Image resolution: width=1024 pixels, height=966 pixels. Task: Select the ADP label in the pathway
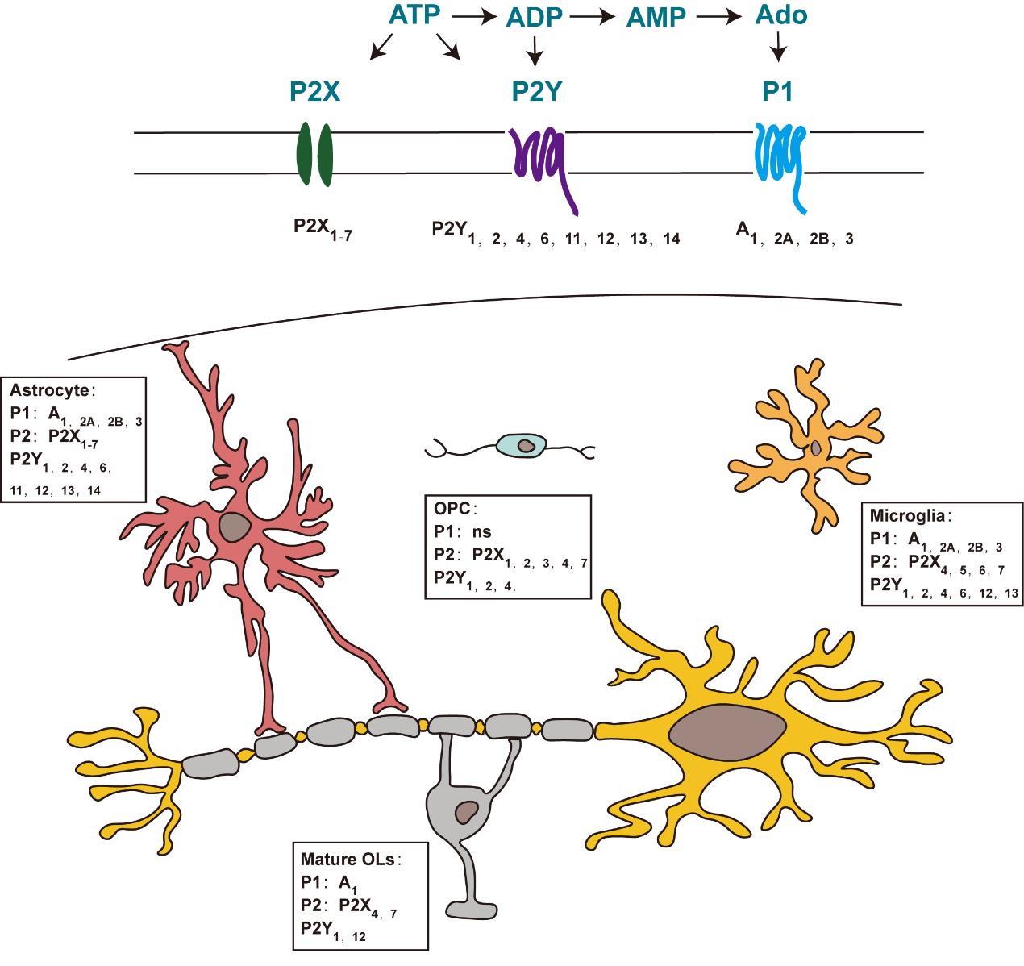535,18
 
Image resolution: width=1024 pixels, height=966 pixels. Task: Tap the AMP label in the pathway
654,18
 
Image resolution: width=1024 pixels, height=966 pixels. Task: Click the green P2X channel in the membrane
314,154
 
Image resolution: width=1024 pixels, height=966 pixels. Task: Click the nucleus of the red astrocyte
235,527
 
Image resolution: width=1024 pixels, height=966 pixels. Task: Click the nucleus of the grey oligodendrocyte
467,812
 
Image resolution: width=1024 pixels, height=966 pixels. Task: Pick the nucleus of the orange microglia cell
817,447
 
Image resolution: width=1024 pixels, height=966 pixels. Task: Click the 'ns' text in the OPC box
481,531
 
